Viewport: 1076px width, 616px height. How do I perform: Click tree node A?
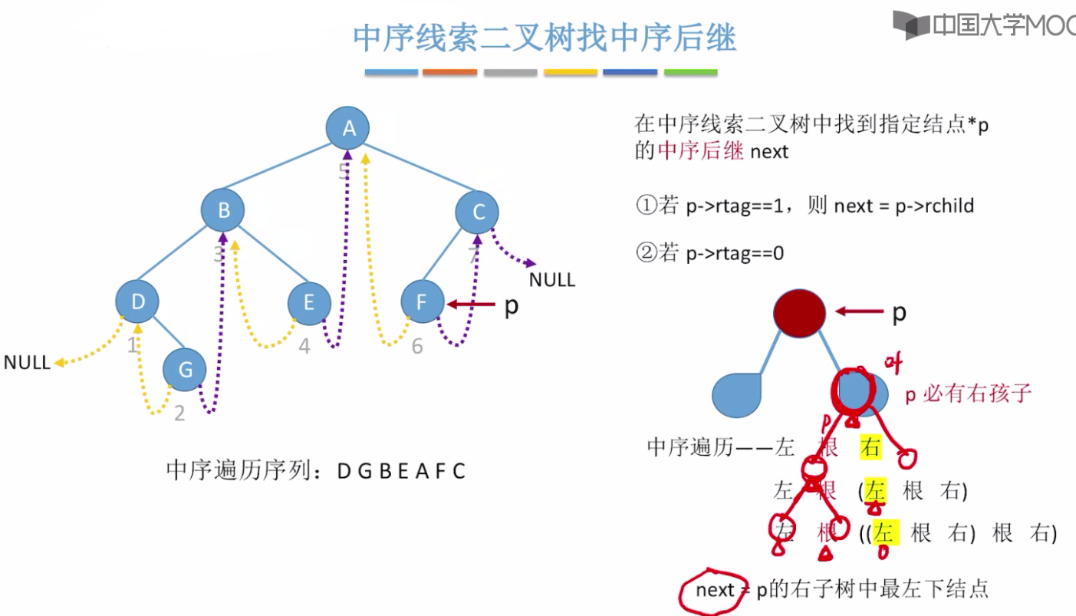(x=349, y=129)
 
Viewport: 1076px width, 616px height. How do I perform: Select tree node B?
(x=223, y=210)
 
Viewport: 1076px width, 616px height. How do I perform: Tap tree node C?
(x=477, y=212)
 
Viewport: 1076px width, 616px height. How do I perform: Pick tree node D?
(x=138, y=301)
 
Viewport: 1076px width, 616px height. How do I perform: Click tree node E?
(x=308, y=302)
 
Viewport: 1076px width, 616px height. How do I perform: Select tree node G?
(x=185, y=370)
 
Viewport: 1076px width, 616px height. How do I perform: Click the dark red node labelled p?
(x=799, y=313)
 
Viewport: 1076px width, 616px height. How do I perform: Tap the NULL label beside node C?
(x=552, y=279)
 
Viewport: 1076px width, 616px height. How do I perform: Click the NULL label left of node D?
(x=27, y=363)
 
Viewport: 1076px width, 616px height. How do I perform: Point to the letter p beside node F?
(x=511, y=306)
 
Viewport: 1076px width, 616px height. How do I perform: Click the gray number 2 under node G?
(x=179, y=413)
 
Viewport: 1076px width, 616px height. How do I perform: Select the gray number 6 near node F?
(x=417, y=347)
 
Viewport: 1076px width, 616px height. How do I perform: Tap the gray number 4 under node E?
(x=304, y=347)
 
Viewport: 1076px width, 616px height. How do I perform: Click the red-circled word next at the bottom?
(x=715, y=590)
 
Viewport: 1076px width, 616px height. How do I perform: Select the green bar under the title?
(x=690, y=72)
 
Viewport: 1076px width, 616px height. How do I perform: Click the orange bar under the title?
(x=449, y=72)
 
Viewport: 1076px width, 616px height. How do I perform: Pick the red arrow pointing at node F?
(x=470, y=305)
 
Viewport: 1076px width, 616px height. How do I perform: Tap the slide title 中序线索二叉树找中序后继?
(x=545, y=38)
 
